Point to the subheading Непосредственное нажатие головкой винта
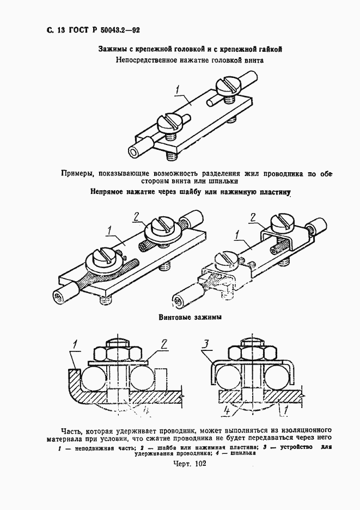(190, 60)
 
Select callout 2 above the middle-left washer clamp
(137, 215)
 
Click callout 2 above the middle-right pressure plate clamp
(253, 217)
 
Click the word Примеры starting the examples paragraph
(78, 174)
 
